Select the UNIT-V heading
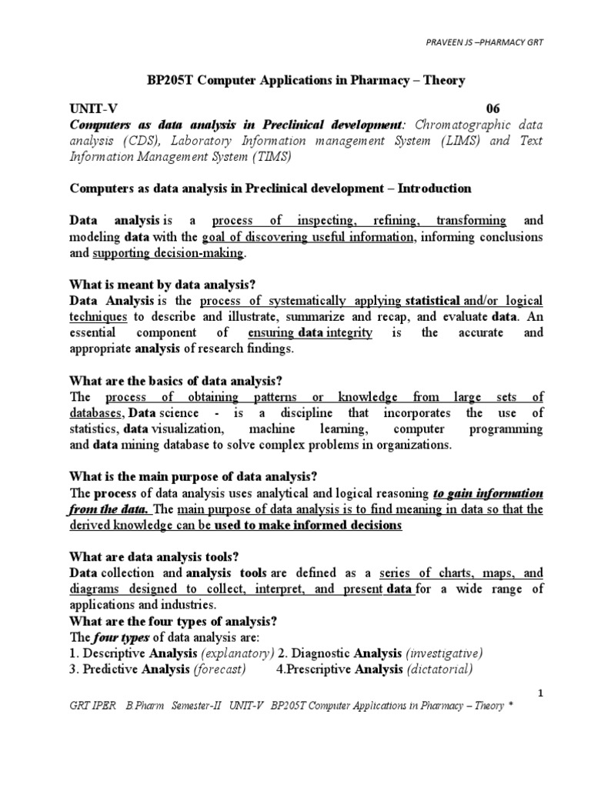coord(95,109)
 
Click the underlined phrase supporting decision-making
coord(169,252)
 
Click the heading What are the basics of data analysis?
coord(177,381)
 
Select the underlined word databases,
coord(101,413)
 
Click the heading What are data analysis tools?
coord(152,557)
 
